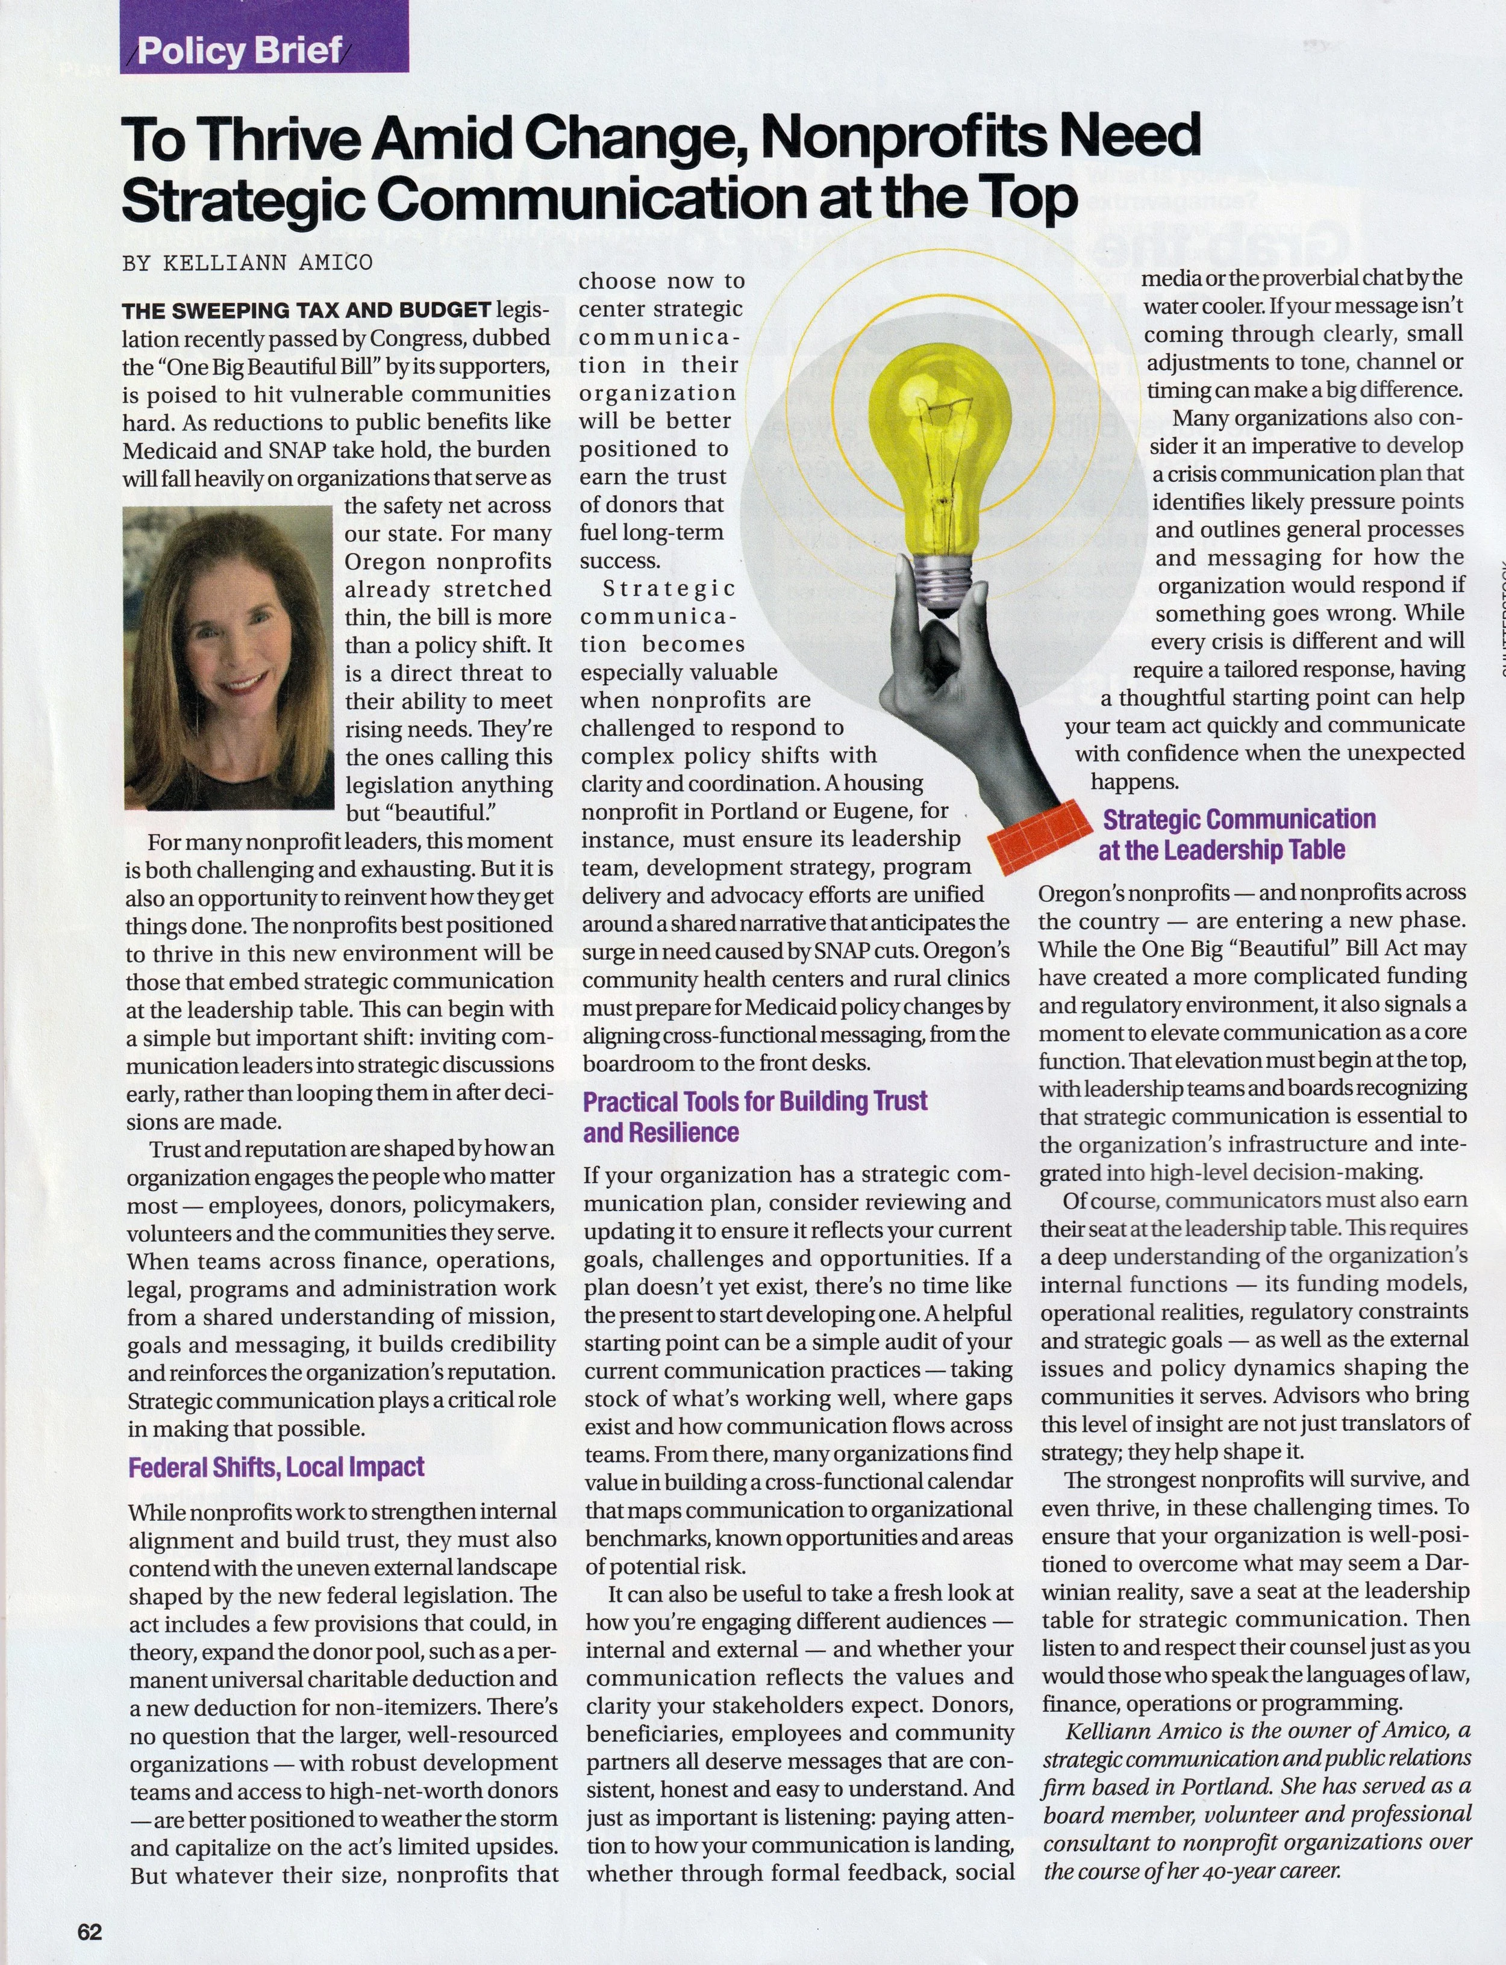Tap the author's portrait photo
click(228, 658)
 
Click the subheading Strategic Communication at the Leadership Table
click(1237, 833)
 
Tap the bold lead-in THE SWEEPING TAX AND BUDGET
click(307, 311)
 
